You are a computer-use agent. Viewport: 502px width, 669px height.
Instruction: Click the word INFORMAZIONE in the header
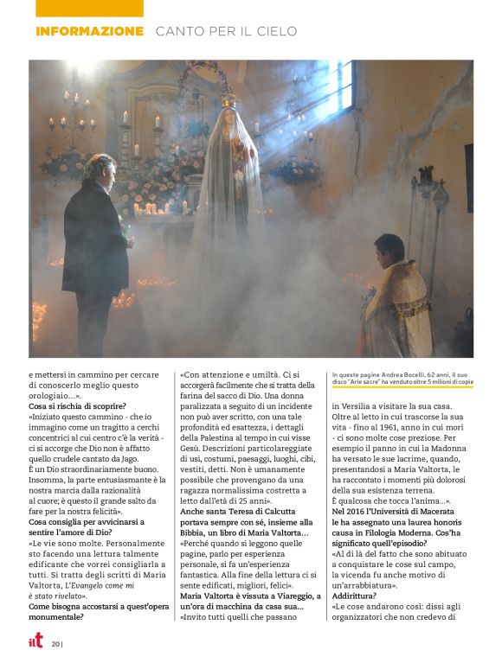(89, 31)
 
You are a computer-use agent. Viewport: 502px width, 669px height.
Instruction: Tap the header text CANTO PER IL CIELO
(226, 31)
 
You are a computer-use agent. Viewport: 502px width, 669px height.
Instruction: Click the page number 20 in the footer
(55, 643)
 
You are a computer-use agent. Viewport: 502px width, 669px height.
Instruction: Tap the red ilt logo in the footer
(35, 642)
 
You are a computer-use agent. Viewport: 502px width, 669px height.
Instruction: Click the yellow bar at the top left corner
(89, 8)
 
